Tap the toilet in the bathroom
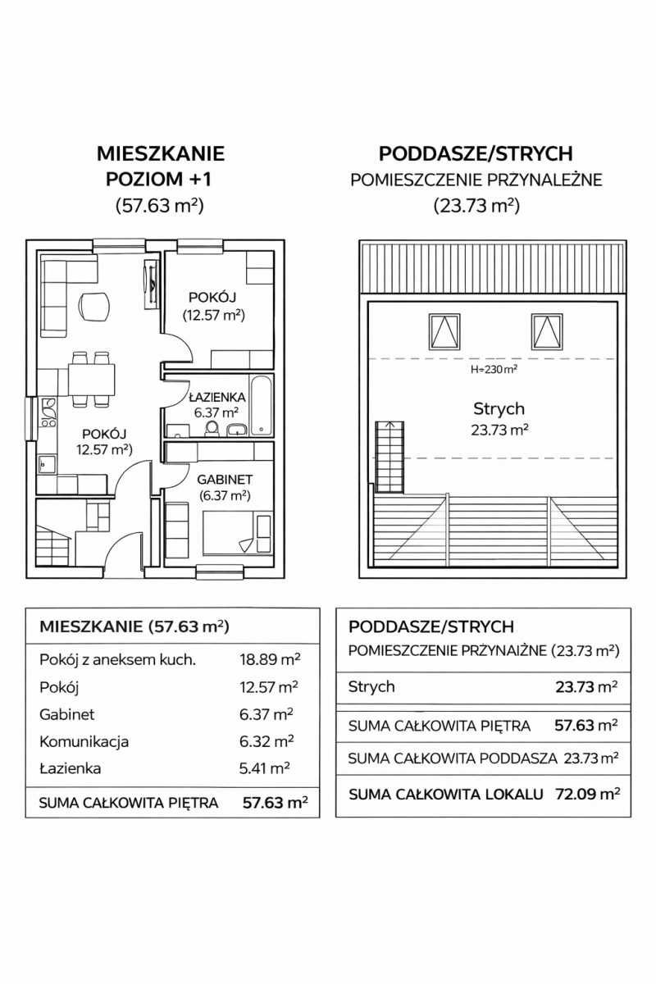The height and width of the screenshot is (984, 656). (x=212, y=428)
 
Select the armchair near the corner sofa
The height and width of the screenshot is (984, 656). (x=94, y=307)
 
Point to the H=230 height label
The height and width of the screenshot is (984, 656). (x=493, y=369)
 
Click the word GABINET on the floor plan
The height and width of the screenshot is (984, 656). (x=225, y=479)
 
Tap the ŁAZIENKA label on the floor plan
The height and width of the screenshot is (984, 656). (x=215, y=397)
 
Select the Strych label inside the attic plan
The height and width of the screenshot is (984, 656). (x=499, y=408)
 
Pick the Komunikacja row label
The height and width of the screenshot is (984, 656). (x=84, y=741)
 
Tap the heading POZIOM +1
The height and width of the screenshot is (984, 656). (x=160, y=178)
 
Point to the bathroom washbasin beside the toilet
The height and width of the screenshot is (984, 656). (x=241, y=428)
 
